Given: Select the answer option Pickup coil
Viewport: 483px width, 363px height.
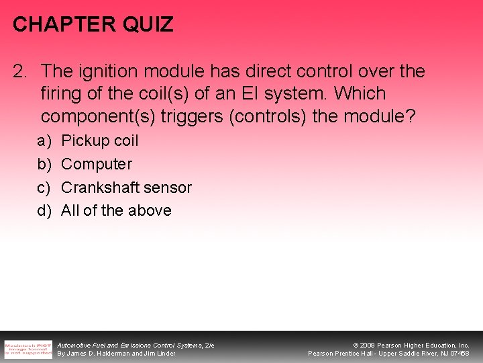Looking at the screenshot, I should pyautogui.click(x=99, y=140).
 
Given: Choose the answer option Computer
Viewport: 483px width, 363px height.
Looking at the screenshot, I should pyautogui.click(x=97, y=164).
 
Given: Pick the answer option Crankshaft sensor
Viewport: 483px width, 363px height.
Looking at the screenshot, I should pyautogui.click(x=126, y=188).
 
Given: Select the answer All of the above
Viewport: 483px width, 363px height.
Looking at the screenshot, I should pyautogui.click(x=116, y=210).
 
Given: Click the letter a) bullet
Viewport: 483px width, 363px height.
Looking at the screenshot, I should pyautogui.click(x=45, y=140).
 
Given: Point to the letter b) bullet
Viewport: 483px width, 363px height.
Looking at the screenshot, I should pyautogui.click(x=45, y=164).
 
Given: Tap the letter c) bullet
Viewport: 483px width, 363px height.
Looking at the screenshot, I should pyautogui.click(x=45, y=188).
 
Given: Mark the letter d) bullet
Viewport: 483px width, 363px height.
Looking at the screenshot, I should pyautogui.click(x=45, y=210).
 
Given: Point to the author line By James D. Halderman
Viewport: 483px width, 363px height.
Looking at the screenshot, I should pyautogui.click(x=116, y=354).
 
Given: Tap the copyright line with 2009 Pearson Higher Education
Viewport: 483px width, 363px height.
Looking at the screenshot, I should pyautogui.click(x=411, y=345).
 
